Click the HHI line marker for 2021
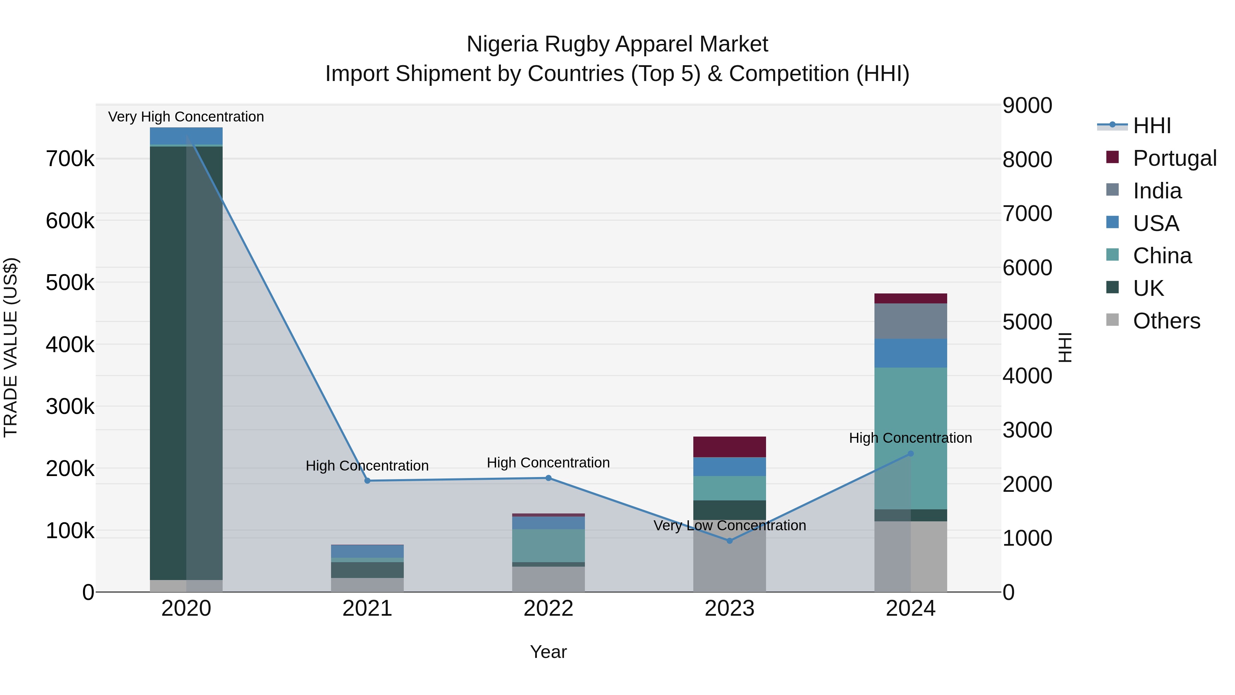click(367, 480)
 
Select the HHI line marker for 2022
click(549, 478)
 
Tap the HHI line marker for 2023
click(730, 541)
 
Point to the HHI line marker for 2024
click(910, 453)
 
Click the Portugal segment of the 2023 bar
click(730, 447)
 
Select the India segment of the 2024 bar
click(910, 321)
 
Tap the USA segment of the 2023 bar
click(730, 466)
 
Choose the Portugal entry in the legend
click(1175, 158)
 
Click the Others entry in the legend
click(1166, 321)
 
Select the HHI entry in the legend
click(1152, 126)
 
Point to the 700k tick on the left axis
click(70, 159)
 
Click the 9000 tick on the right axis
click(1027, 105)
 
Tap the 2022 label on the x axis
click(549, 609)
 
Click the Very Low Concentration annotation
click(730, 525)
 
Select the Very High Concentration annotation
click(186, 117)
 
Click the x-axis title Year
click(549, 652)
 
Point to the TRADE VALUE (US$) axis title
click(11, 347)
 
